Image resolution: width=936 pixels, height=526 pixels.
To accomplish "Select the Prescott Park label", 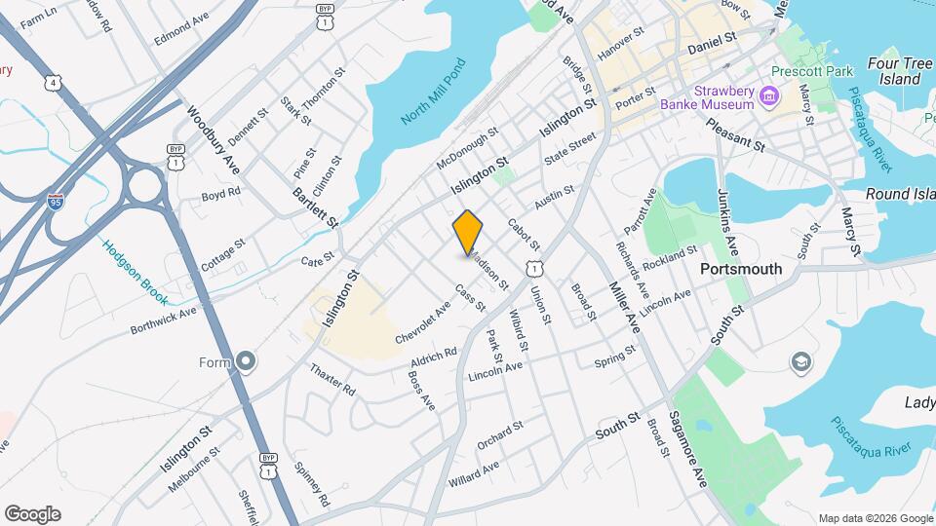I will [x=812, y=71].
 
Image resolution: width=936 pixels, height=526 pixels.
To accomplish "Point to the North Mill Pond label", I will [x=435, y=92].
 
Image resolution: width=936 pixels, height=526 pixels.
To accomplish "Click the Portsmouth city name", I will [x=741, y=268].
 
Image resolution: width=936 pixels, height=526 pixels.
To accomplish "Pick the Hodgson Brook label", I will [x=136, y=272].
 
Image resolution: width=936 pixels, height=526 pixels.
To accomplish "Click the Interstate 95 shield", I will [x=57, y=203].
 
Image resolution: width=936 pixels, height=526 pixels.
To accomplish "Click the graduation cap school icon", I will [x=800, y=362].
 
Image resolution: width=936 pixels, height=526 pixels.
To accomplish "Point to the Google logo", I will [x=32, y=513].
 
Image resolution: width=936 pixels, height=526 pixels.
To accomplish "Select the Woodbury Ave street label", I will [x=214, y=140].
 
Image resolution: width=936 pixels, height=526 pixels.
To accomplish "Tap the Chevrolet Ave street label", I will [x=423, y=322].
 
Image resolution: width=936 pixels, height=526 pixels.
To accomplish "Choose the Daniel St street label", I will [x=710, y=44].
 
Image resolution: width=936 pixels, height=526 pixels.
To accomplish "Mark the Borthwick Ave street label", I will [x=164, y=319].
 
